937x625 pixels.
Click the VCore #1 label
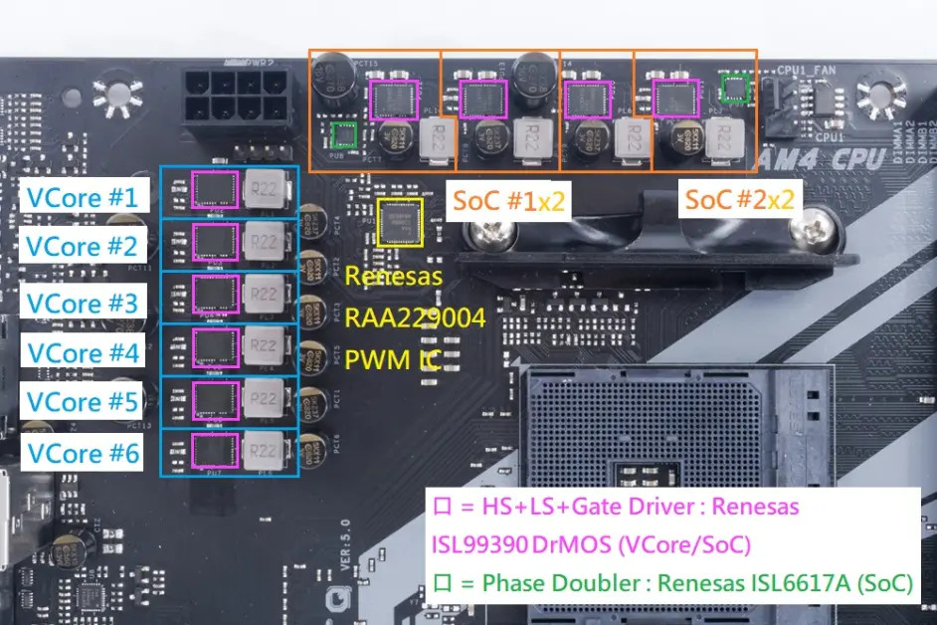pyautogui.click(x=83, y=195)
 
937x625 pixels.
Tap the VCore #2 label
pyautogui.click(x=83, y=246)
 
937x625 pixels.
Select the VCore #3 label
pyautogui.click(x=83, y=301)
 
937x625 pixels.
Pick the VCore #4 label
pyautogui.click(x=83, y=352)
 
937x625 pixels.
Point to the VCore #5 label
pyautogui.click(x=83, y=402)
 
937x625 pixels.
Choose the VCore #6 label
pyautogui.click(x=83, y=453)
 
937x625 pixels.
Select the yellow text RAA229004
pyautogui.click(x=415, y=317)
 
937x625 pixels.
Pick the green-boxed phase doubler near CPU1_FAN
pyautogui.click(x=734, y=88)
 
